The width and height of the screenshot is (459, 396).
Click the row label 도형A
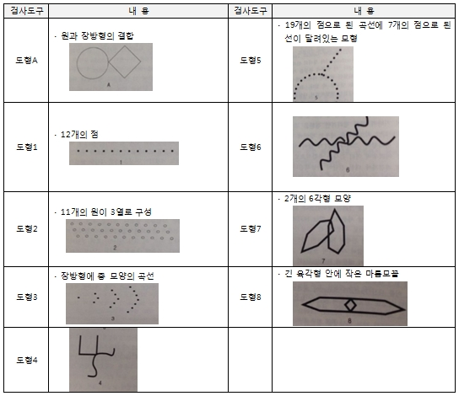point(26,61)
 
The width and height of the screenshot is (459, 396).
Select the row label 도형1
point(27,147)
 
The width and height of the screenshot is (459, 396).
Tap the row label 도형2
point(27,228)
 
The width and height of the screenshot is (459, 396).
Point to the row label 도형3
point(27,297)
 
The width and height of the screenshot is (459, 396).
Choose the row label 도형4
point(27,360)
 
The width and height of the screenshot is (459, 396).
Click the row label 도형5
point(251,61)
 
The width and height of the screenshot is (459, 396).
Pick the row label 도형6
point(251,147)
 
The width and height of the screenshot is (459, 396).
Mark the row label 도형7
point(251,228)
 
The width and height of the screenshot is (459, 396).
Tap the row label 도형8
point(251,297)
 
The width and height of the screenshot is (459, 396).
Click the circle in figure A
point(77,63)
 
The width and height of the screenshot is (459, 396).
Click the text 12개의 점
point(79,135)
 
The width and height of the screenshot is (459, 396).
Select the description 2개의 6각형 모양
point(317,199)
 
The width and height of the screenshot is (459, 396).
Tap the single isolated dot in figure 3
point(78,297)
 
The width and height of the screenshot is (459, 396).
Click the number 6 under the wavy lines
point(348,170)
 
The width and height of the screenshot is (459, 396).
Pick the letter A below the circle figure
point(109,85)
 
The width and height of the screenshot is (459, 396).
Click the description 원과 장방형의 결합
point(97,36)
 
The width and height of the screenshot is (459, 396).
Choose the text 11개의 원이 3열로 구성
point(105,211)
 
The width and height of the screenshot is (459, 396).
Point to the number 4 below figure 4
point(100,383)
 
